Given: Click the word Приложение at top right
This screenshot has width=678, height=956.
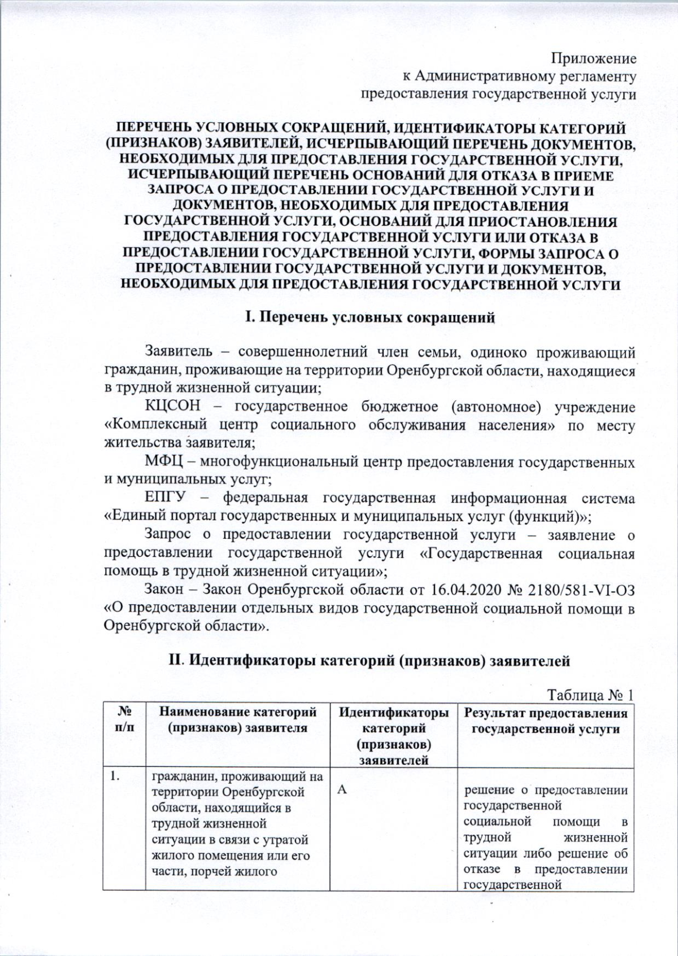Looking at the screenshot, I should pos(593,59).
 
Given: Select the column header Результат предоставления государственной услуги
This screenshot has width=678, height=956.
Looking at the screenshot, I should pos(546,721).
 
